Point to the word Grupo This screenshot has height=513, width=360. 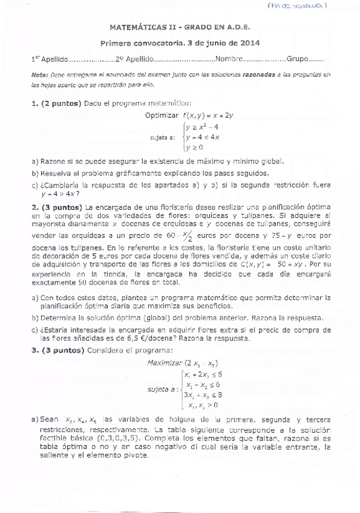coord(298,60)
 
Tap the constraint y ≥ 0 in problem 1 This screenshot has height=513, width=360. coord(194,147)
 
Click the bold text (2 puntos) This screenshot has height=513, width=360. coord(61,103)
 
